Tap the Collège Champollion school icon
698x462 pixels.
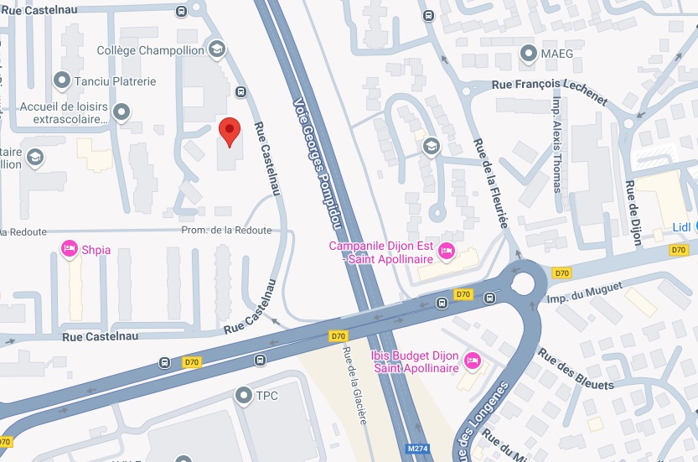click(x=217, y=49)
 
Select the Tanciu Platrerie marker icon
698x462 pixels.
click(x=61, y=80)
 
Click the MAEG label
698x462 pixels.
click(x=557, y=55)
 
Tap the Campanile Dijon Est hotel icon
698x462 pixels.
click(x=447, y=250)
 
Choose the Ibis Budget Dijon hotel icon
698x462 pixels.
click(x=472, y=361)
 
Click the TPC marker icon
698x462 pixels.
click(x=244, y=393)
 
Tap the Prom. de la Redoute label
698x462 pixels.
click(x=227, y=231)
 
